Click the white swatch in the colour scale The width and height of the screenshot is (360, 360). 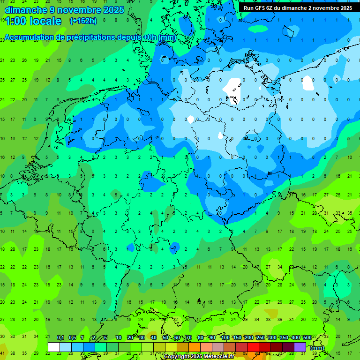coord(54,347)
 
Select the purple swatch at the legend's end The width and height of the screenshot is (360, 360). coord(300,347)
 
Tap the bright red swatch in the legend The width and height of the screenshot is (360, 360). coord(253,347)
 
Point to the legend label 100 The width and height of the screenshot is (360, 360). coord(225,337)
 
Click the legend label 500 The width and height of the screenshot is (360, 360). coord(307,337)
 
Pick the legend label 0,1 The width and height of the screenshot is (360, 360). coord(60,337)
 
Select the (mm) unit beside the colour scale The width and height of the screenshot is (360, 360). coord(317,348)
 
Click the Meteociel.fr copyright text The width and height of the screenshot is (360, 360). coord(200,357)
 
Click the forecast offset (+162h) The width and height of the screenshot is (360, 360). coord(83,21)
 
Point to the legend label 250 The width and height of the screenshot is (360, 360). coord(260,337)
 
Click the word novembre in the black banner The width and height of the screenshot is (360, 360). coord(324,8)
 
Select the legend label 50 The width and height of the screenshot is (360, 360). coord(165,337)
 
